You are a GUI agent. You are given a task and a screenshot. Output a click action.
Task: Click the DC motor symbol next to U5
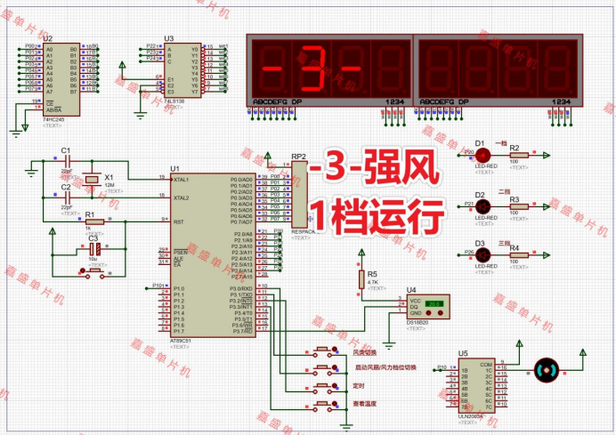pos(545,369)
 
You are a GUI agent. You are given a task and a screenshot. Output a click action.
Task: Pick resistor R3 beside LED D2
pos(515,206)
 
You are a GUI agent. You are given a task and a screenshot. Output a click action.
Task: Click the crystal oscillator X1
pos(92,181)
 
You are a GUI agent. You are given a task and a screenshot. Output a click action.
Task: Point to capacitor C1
pos(65,161)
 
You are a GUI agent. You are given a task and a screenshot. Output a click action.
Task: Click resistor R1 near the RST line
pos(89,220)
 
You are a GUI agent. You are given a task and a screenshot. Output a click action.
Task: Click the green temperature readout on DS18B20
pos(434,302)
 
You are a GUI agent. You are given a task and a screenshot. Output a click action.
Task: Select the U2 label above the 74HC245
pos(48,39)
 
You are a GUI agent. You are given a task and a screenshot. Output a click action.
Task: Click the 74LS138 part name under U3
pos(174,102)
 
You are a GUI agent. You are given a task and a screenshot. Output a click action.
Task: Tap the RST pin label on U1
pos(178,222)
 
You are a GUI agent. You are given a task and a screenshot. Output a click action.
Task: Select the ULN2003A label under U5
pos(471,415)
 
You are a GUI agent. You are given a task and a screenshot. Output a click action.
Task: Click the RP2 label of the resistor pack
pos(298,157)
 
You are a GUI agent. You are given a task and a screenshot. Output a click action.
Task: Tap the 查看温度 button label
pos(365,403)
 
